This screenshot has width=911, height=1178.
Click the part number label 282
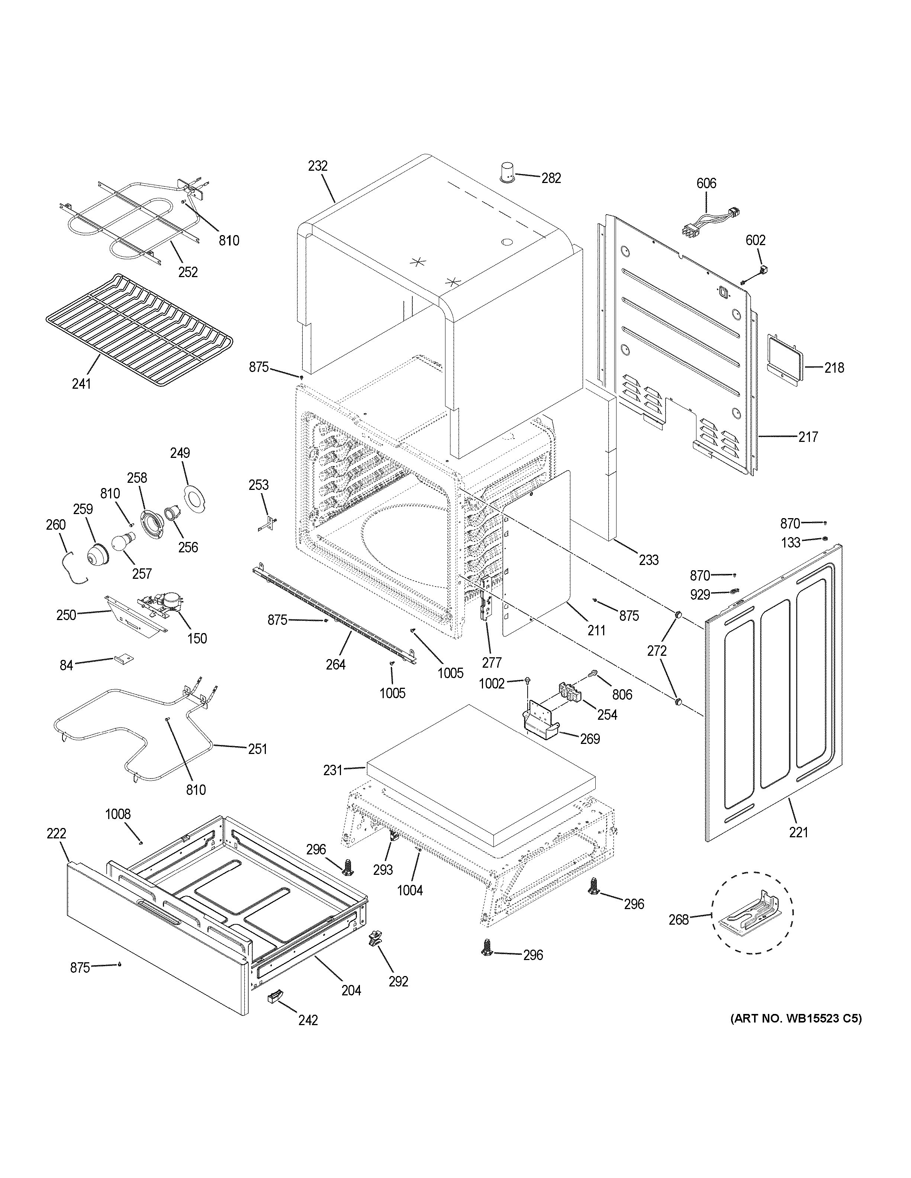tap(551, 178)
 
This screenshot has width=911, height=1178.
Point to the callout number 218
tap(834, 368)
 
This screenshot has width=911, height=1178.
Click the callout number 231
tap(332, 771)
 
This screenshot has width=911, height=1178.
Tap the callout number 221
tap(798, 832)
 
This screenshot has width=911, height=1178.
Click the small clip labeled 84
tap(123, 659)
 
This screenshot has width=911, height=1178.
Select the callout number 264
tap(335, 665)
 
